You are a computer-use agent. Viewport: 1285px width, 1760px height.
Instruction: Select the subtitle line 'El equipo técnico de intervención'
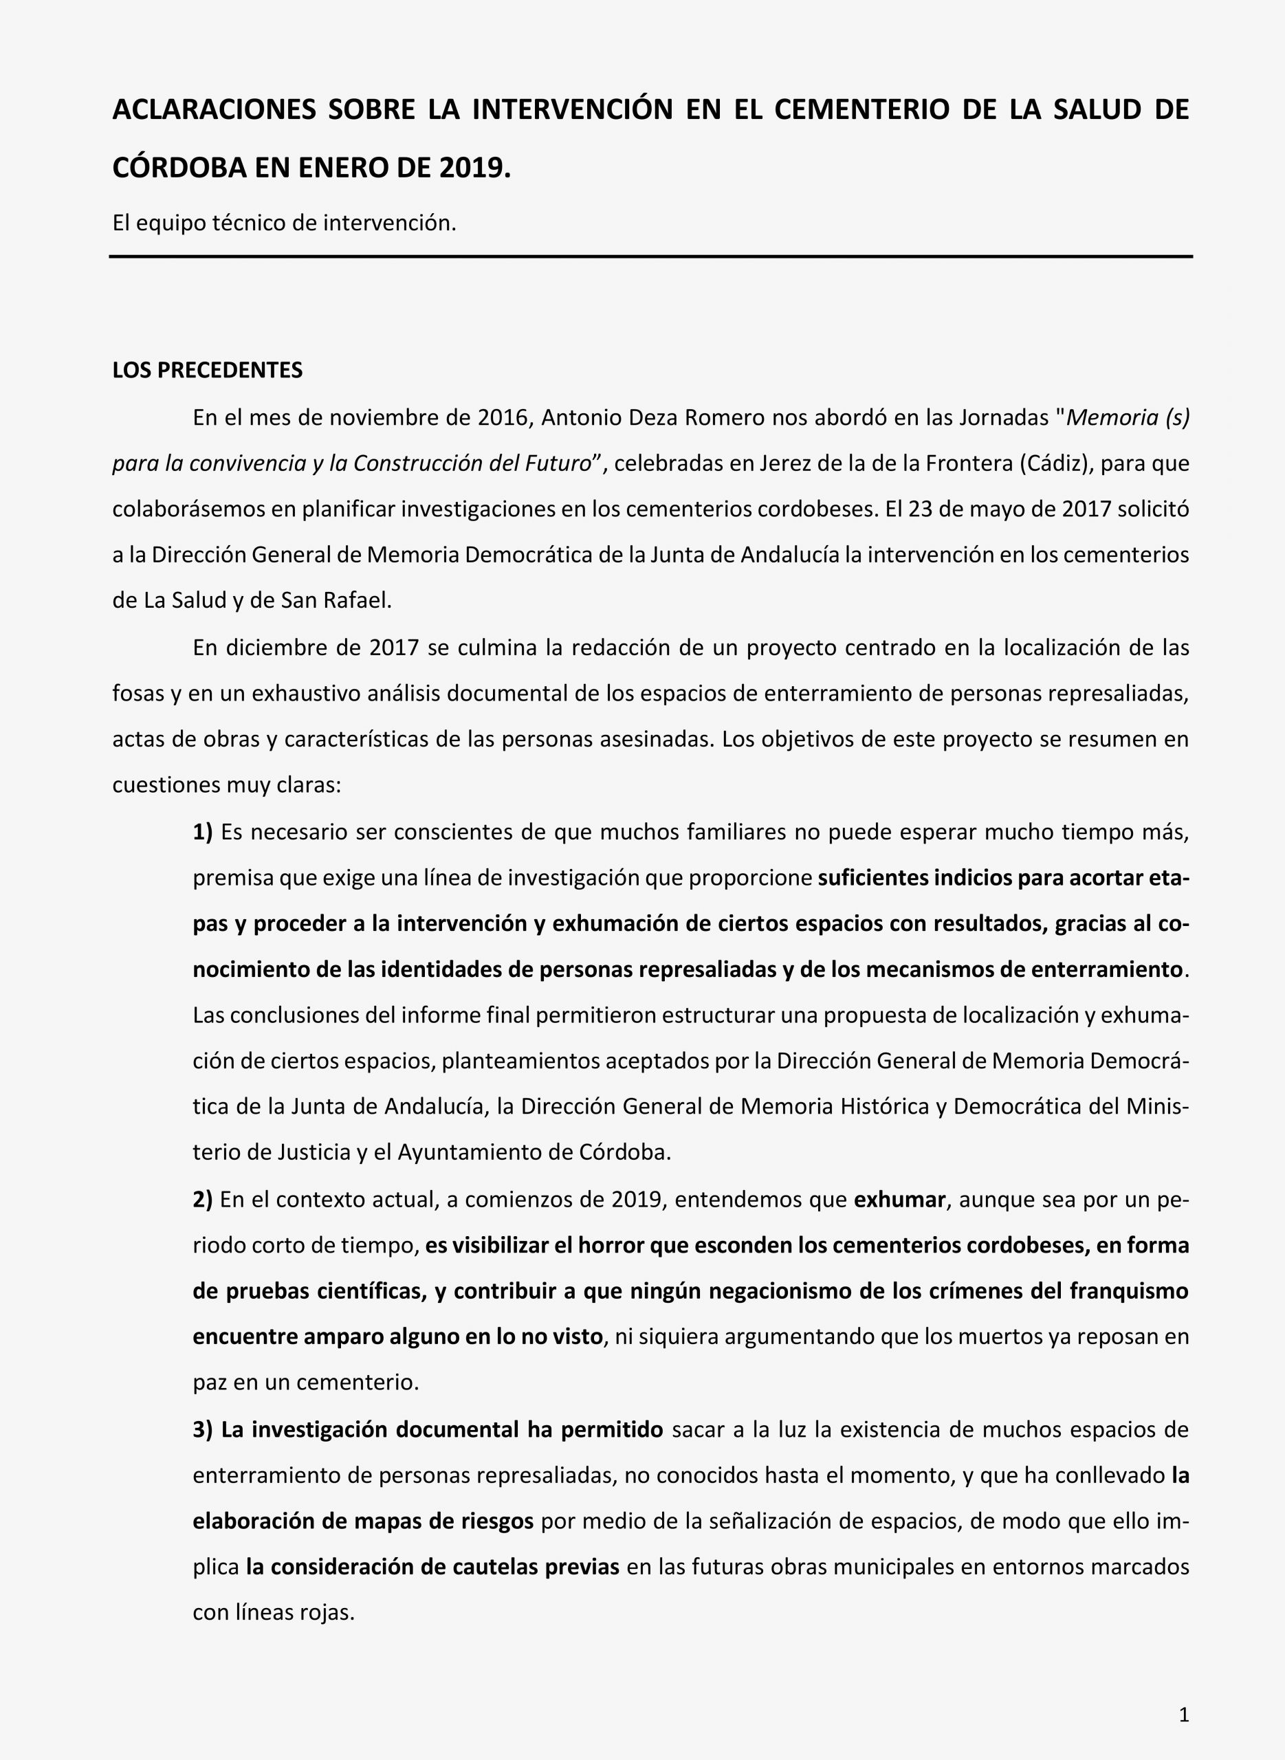coord(284,223)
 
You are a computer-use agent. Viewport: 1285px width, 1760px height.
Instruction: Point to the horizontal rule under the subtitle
coord(650,256)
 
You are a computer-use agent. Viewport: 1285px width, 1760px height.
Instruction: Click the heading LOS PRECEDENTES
coord(207,370)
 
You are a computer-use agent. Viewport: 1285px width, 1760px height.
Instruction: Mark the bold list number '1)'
coord(202,832)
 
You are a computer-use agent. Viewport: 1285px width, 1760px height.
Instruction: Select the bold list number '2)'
coord(202,1199)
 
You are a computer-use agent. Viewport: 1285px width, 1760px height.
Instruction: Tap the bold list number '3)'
coord(202,1429)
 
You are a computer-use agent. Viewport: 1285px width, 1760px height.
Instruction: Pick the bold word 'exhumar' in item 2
coord(899,1199)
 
